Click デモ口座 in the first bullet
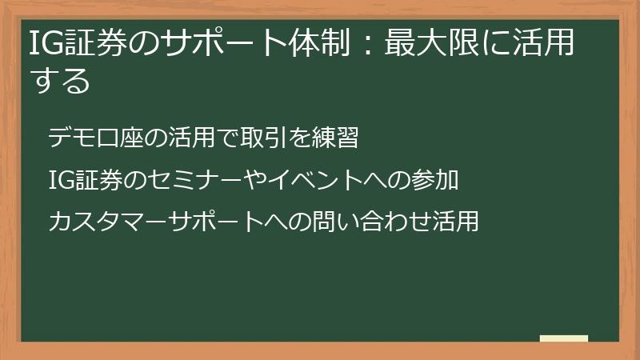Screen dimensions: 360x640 coord(89,138)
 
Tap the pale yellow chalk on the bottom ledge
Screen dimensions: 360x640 coord(564,338)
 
